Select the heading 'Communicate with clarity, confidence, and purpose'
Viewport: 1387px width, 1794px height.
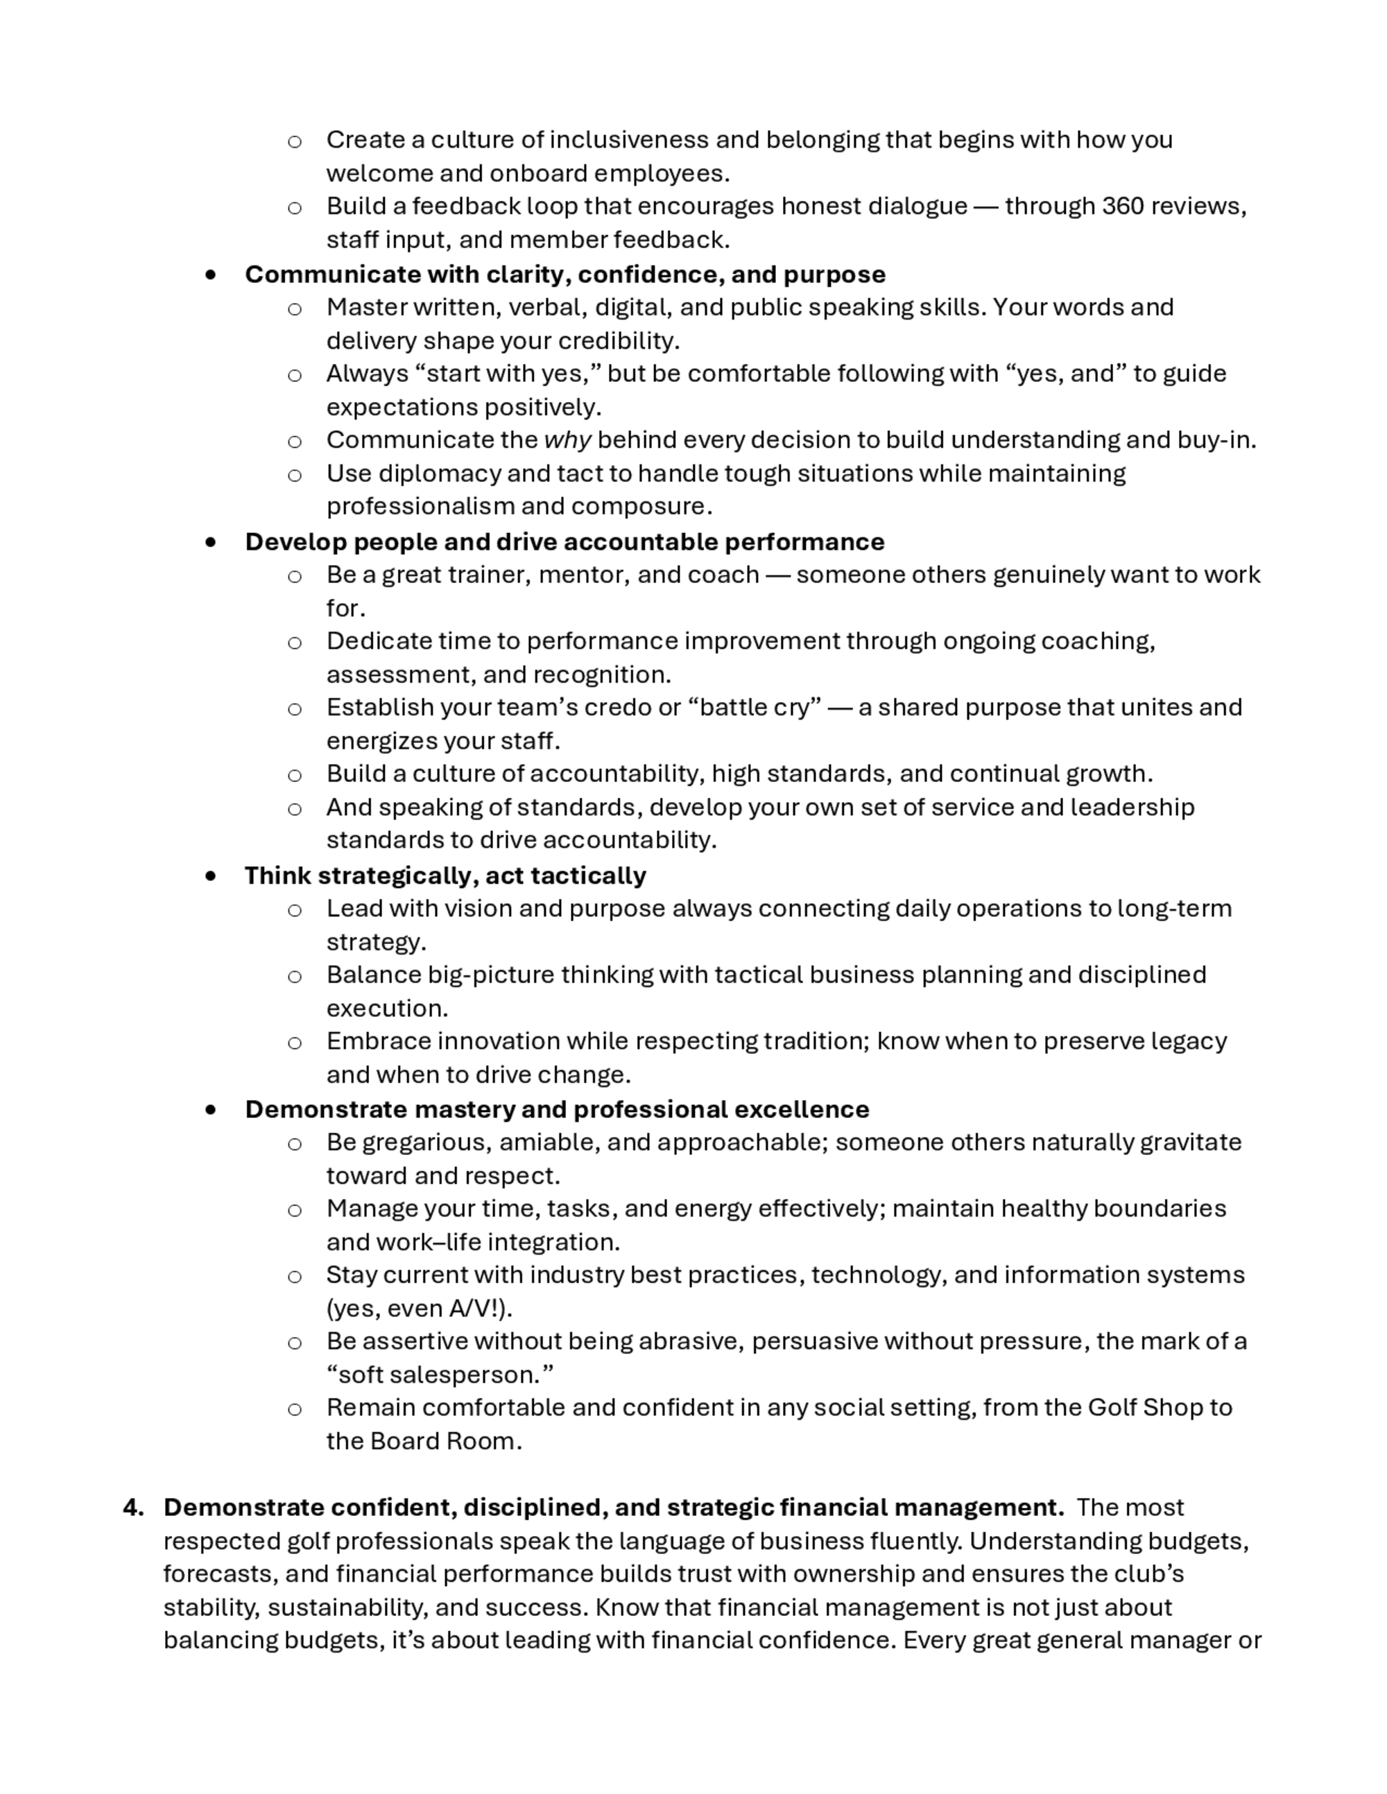pyautogui.click(x=565, y=274)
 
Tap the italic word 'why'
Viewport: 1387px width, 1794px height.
pyautogui.click(x=567, y=440)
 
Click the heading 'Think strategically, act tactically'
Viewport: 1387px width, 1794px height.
pyautogui.click(x=445, y=876)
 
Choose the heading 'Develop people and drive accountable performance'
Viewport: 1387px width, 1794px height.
pyautogui.click(x=564, y=542)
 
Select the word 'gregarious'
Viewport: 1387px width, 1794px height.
pyautogui.click(x=427, y=1142)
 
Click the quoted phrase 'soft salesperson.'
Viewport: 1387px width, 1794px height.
pyautogui.click(x=440, y=1375)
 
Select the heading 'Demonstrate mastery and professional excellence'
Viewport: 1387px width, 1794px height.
pyautogui.click(x=556, y=1110)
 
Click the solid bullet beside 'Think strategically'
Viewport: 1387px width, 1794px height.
pyautogui.click(x=212, y=876)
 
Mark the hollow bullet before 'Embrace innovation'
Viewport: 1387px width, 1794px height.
pyautogui.click(x=294, y=1043)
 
